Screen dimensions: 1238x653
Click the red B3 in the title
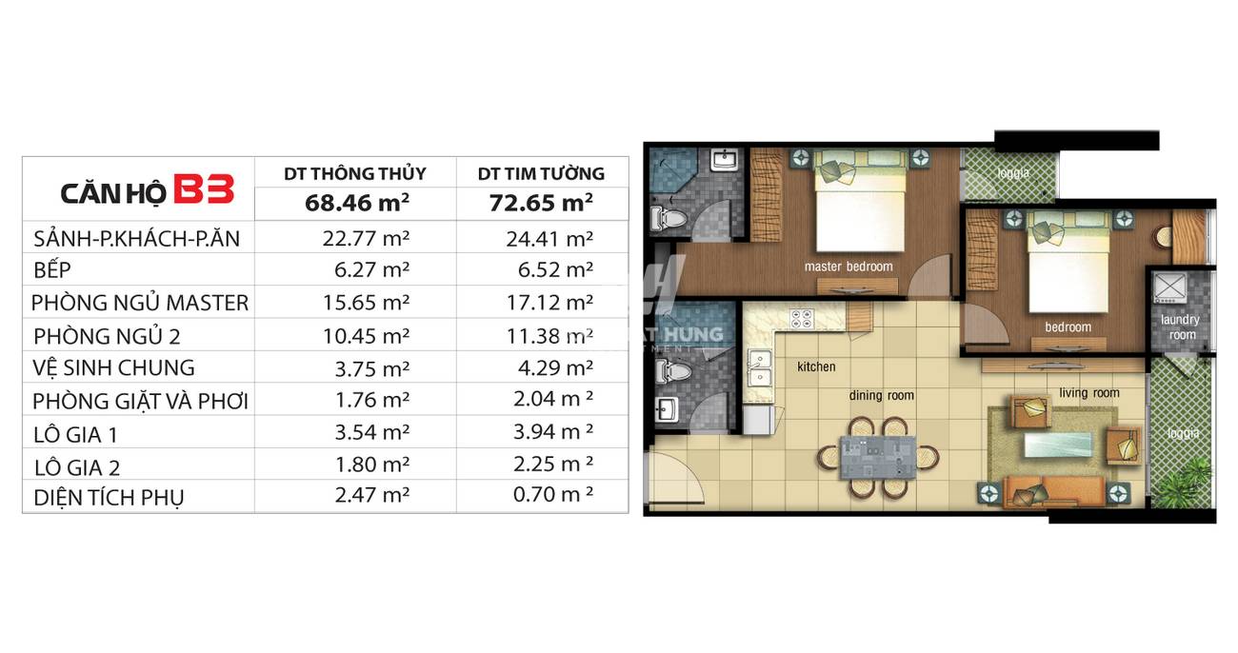coord(204,189)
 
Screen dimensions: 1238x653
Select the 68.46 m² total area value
coord(357,203)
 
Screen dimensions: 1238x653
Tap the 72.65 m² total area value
coord(541,203)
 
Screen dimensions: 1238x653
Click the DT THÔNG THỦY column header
coord(355,173)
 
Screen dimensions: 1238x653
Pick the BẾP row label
coord(52,270)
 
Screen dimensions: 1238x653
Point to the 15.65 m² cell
coord(366,303)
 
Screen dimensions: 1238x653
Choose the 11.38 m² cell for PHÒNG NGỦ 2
coord(549,336)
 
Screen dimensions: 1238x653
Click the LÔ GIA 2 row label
coord(77,468)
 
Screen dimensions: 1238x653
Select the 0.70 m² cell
coord(553,494)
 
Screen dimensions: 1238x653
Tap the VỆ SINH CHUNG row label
coord(113,368)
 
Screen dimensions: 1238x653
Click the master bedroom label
coord(849,267)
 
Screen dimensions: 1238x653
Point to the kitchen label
coord(816,366)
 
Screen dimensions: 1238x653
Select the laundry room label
coord(1180,327)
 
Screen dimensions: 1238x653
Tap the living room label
coord(1089,393)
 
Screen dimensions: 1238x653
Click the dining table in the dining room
coord(877,458)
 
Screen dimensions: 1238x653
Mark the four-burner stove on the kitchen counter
coord(802,319)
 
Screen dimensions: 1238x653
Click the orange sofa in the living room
coord(1054,491)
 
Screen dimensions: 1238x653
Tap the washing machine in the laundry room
coord(1169,287)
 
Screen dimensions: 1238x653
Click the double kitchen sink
coord(761,368)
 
